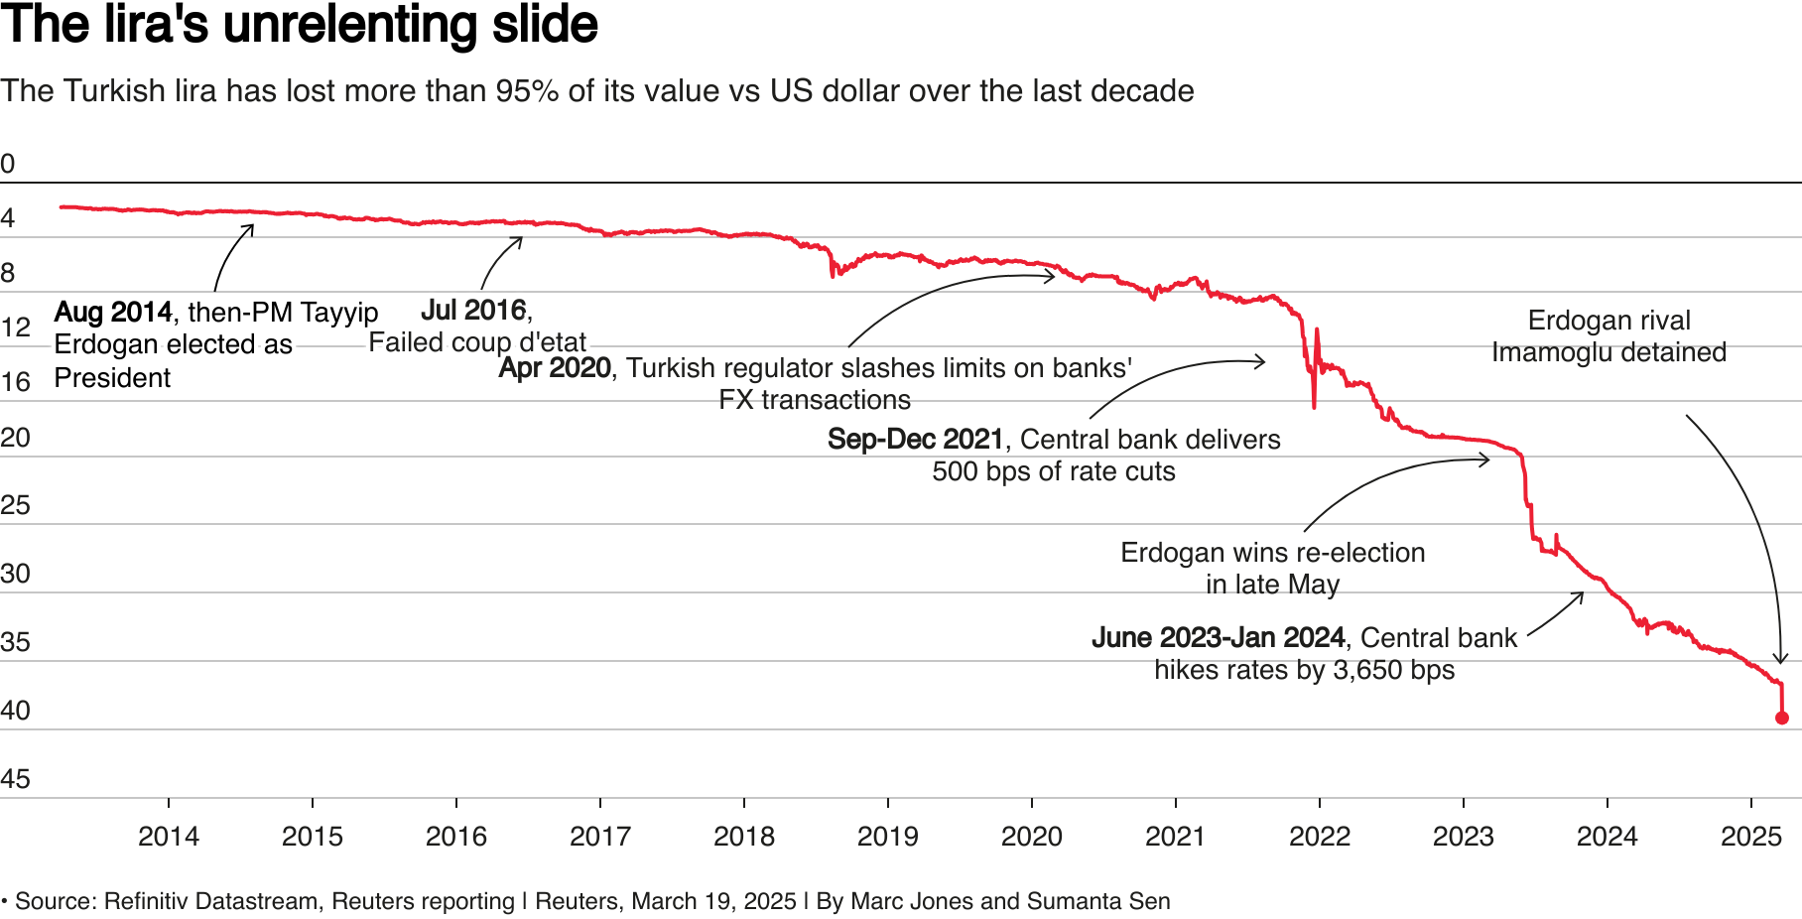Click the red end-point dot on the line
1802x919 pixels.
1781,718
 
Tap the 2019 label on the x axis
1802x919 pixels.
887,837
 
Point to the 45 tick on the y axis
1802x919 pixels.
15,779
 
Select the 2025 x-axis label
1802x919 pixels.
1750,837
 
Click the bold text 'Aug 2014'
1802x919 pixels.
113,313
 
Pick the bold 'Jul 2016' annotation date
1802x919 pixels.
473,311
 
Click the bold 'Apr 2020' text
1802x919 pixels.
555,368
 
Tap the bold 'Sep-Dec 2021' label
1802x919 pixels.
915,440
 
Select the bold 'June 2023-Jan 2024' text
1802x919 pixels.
1218,638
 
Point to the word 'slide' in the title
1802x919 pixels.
546,25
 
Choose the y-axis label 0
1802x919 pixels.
8,164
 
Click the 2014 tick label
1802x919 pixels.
168,837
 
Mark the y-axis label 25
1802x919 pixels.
15,505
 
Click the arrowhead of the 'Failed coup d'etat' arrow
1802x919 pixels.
520,239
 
